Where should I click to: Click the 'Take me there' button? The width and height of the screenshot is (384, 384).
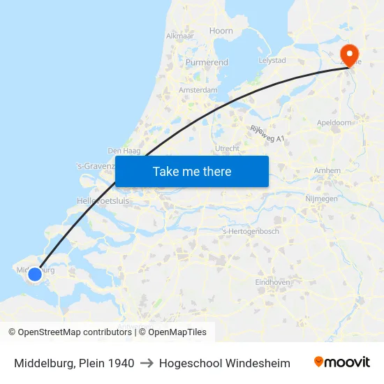pos(192,171)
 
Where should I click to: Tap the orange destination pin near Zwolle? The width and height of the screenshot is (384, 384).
pos(348,54)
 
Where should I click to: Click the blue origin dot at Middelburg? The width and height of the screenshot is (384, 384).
pos(34,274)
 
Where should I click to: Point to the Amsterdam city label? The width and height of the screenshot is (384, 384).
pos(198,90)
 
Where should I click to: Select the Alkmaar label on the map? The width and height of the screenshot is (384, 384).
pos(179,36)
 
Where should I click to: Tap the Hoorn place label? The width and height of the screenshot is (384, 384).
pos(221,31)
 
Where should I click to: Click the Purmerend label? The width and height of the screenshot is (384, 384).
pos(207,63)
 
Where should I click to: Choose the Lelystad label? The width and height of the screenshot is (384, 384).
pos(272,60)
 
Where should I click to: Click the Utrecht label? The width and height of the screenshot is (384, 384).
pos(228,149)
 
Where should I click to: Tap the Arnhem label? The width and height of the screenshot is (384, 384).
pos(327,170)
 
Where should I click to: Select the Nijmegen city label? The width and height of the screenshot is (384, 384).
pos(322,198)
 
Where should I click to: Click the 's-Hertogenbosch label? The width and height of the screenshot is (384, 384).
pos(251,231)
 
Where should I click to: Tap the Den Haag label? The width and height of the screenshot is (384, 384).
pos(124,151)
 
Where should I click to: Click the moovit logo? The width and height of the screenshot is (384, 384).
pos(342,362)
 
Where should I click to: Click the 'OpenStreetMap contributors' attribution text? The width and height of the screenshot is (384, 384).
pos(75,332)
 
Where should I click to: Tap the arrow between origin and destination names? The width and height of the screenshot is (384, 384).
pos(147,363)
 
